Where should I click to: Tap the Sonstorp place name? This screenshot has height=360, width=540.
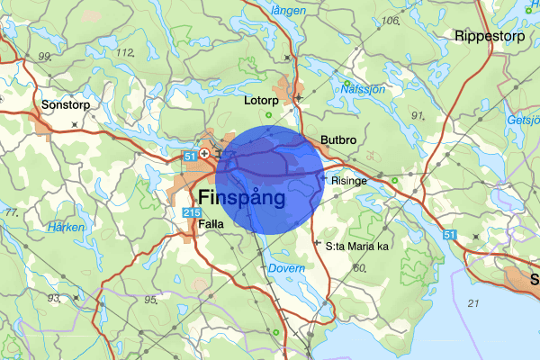66,105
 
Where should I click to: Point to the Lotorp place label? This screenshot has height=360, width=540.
262,102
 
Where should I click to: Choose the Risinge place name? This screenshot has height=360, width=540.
349,180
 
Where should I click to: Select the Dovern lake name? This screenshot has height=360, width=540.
286,268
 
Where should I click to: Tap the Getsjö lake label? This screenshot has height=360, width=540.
523,119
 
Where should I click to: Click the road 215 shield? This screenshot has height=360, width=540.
191,212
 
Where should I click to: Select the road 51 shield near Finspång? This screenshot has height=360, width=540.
189,156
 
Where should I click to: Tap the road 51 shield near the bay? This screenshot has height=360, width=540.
450,234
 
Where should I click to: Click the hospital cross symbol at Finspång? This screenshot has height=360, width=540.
205,154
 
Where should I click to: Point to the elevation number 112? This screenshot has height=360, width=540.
124,51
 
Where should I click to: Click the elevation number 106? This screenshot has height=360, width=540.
390,21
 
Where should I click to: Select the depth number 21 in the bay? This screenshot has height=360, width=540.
473,304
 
